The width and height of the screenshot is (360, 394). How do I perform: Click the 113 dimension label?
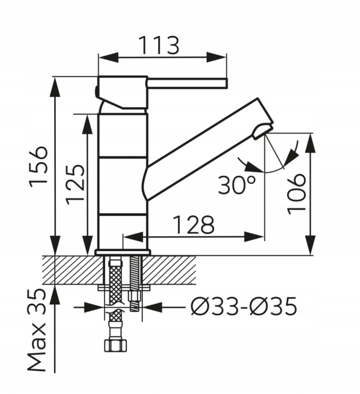tap(159, 45)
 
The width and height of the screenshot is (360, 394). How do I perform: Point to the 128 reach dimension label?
tap(194, 224)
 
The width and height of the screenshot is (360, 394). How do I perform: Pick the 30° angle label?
tap(237, 185)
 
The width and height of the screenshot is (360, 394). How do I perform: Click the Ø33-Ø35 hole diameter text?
tap(243, 307)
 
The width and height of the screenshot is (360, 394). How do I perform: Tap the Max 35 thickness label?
tap(37, 330)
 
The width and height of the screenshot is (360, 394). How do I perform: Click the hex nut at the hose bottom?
tap(115, 345)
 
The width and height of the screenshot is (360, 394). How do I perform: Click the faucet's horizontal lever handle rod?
tap(188, 83)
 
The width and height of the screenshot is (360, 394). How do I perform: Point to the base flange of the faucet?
tap(123, 252)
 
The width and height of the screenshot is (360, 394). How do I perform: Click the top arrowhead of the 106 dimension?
tap(311, 142)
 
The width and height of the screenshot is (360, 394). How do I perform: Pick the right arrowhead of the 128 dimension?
tap(254, 237)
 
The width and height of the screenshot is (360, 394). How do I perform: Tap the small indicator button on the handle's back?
tap(96, 91)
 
